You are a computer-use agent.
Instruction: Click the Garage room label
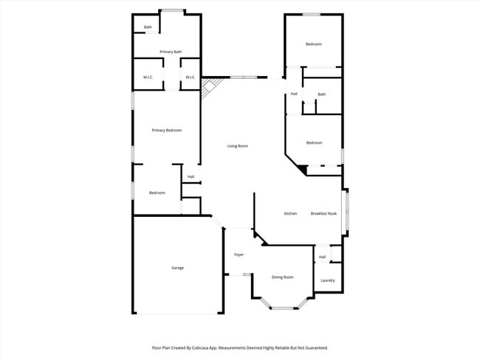coord(177,268)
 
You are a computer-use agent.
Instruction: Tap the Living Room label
coord(237,146)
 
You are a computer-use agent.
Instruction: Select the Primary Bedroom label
coord(166,131)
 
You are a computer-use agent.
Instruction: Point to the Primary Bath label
coord(171,52)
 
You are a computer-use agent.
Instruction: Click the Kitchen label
coord(291,214)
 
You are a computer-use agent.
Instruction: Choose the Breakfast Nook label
coord(323,214)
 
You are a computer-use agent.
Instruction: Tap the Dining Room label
coord(282,277)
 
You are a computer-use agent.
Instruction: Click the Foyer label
coord(239,255)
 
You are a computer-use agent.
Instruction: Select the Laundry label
coord(328,280)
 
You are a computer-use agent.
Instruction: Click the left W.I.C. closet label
coord(148,77)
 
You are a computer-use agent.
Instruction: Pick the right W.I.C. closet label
coord(190,77)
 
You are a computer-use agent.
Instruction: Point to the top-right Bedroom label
coord(314,44)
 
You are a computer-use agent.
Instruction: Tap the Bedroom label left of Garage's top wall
coord(157,193)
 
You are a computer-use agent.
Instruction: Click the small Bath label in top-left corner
coord(148,27)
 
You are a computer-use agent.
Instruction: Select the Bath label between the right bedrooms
coord(321,94)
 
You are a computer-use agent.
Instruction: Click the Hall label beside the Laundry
coord(322,257)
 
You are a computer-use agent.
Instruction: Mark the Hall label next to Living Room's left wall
coord(191,177)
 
